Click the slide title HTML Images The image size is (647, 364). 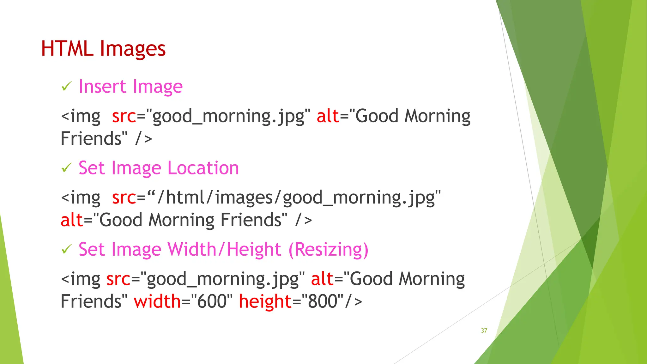pyautogui.click(x=103, y=49)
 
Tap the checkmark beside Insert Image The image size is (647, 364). pyautogui.click(x=67, y=86)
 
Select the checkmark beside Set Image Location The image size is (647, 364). pyautogui.click(x=67, y=168)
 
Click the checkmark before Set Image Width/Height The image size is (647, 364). pyautogui.click(x=67, y=249)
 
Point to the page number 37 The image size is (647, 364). pyautogui.click(x=484, y=331)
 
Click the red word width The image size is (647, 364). pyautogui.click(x=157, y=301)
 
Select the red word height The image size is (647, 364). pyautogui.click(x=265, y=301)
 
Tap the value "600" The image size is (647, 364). pyautogui.click(x=212, y=301)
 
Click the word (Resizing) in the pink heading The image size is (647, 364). pyautogui.click(x=328, y=250)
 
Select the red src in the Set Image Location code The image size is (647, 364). pyautogui.click(x=124, y=198)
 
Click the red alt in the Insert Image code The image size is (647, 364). pyautogui.click(x=328, y=116)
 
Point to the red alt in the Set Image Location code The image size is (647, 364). pyautogui.click(x=71, y=220)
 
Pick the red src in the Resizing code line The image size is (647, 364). pyautogui.click(x=118, y=279)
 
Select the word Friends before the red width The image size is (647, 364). pyautogui.click(x=91, y=301)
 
